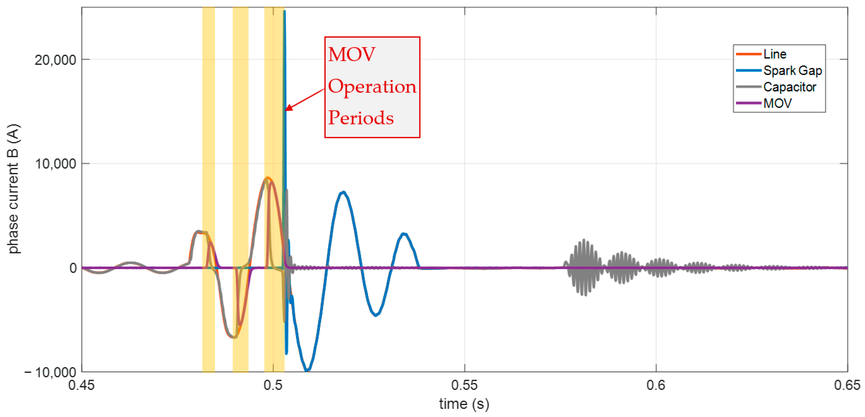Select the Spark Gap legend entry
[792, 70]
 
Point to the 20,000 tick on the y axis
[55, 60]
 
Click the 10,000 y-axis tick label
[55, 164]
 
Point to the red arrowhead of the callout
[287, 109]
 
